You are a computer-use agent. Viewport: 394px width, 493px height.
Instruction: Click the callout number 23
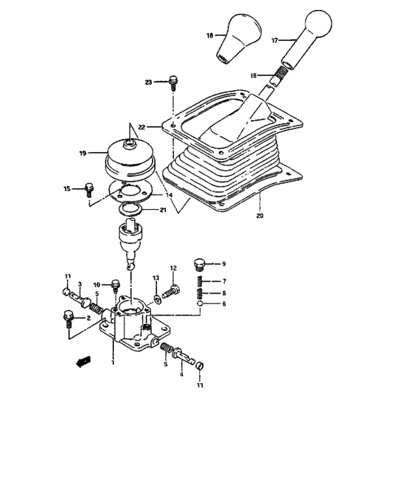[x=148, y=82]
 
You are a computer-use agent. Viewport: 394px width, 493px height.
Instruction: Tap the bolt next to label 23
[x=172, y=85]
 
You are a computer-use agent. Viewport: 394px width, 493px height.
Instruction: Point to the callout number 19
[x=84, y=152]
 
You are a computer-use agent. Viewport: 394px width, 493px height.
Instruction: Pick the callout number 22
[x=141, y=127]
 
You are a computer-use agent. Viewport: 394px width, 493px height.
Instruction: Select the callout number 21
[x=163, y=210]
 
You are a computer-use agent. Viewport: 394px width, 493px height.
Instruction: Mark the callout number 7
[x=224, y=280]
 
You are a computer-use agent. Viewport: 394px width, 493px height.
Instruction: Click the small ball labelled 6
[x=200, y=304]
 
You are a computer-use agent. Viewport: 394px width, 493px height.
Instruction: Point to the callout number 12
[x=172, y=268]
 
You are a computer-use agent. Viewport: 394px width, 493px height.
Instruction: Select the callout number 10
[x=97, y=285]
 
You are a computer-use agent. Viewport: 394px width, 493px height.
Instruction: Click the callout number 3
[x=81, y=284]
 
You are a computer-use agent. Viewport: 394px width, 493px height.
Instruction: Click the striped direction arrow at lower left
[x=83, y=361]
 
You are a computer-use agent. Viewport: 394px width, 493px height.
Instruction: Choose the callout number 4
[x=181, y=374]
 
